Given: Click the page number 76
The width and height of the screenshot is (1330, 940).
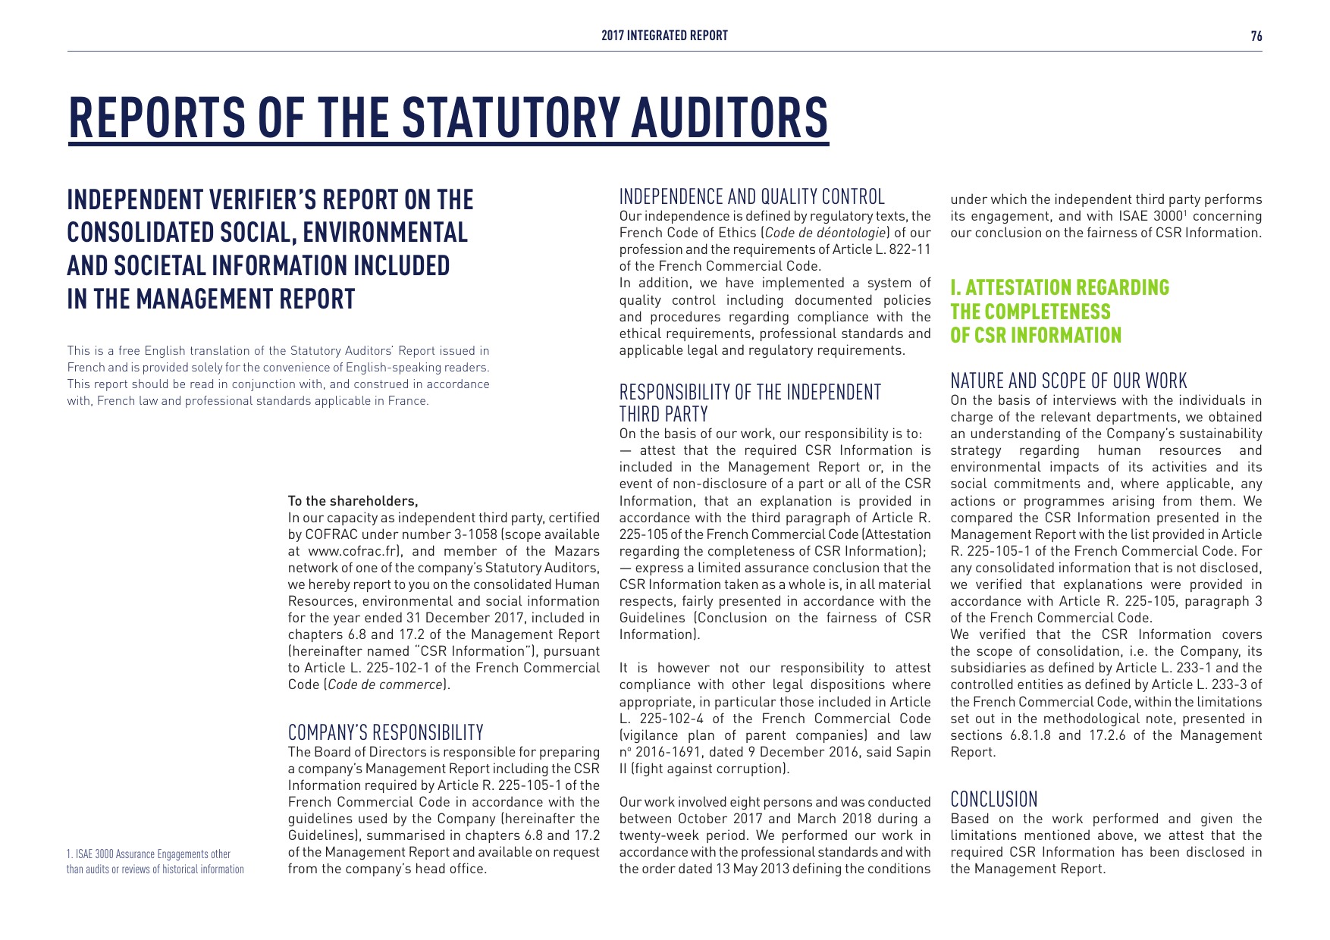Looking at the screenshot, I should click(1256, 36).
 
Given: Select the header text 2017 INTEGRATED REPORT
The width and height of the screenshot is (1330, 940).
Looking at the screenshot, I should click(664, 36).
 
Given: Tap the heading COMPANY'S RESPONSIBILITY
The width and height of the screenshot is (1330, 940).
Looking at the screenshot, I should click(385, 732).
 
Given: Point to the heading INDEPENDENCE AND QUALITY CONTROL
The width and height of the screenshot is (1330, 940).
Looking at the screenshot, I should click(751, 197).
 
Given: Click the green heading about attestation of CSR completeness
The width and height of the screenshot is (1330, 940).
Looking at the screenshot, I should click(1059, 312).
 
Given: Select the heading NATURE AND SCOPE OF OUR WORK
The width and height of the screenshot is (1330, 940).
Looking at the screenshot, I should click(1068, 381).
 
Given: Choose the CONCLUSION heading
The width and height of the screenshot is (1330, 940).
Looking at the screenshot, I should click(993, 799).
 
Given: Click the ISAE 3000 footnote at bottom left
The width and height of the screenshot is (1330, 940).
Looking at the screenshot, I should click(155, 862).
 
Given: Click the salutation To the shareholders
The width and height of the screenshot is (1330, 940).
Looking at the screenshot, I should click(353, 501).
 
